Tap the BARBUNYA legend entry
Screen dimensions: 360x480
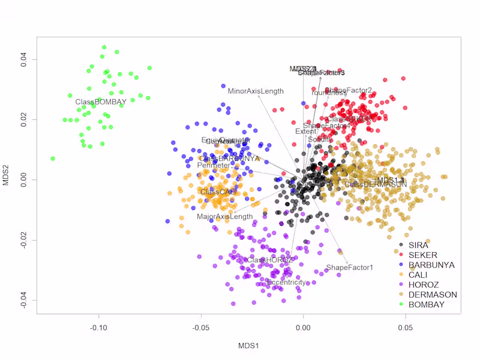point(431,265)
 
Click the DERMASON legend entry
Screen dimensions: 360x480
point(433,295)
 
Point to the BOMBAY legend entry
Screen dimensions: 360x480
point(427,304)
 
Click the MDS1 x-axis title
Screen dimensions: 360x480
point(248,346)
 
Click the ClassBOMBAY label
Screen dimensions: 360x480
point(100,102)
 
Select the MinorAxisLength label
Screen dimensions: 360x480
point(256,91)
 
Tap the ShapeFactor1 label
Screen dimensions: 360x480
point(349,268)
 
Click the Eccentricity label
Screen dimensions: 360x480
point(286,282)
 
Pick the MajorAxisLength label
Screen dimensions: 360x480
point(225,217)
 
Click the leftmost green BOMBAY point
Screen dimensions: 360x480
point(53,158)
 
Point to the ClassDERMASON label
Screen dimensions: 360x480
point(375,184)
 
